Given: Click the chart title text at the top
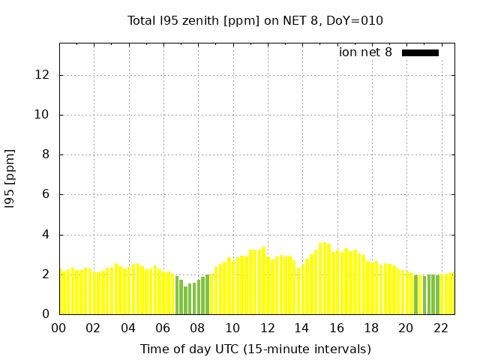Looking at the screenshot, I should click(255, 21).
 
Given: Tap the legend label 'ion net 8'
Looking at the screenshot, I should click(365, 52).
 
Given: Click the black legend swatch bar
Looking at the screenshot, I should click(420, 52).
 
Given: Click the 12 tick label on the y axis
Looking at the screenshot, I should click(43, 75).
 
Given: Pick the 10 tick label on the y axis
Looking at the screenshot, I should click(43, 115).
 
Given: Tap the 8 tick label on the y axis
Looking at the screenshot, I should click(46, 154).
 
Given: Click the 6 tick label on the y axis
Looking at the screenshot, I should click(46, 194).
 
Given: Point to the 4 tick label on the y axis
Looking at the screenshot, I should click(46, 235).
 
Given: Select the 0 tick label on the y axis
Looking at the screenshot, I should click(46, 314).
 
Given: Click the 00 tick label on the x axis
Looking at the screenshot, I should click(59, 328).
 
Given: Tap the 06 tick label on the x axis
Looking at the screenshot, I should click(163, 328).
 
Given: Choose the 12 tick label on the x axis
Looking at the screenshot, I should click(267, 328).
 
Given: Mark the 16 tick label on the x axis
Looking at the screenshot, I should click(337, 328).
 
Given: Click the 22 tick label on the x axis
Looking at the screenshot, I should click(441, 328).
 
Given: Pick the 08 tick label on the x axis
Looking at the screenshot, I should click(198, 328).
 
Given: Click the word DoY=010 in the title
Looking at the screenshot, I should click(356, 21).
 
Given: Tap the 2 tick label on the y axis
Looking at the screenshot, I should click(46, 274).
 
